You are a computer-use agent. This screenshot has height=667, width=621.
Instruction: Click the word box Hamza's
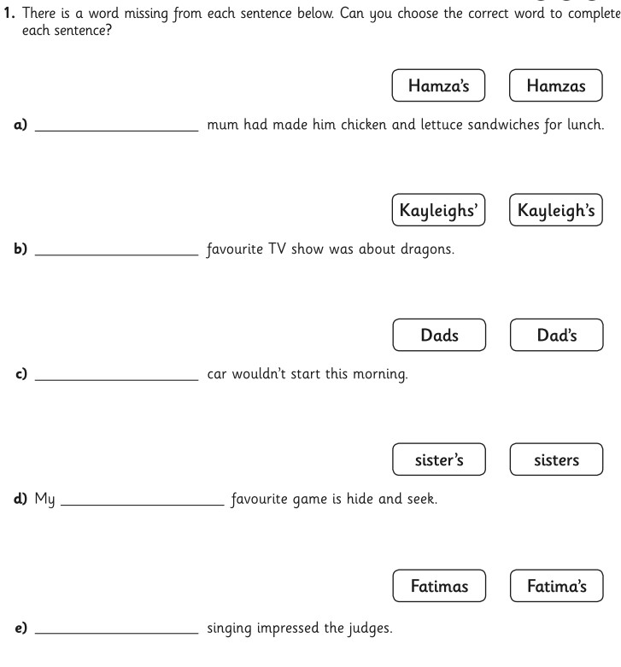pos(438,85)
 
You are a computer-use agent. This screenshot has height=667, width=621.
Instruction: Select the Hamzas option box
pos(556,85)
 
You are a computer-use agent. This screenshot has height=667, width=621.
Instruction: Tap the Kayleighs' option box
pos(438,210)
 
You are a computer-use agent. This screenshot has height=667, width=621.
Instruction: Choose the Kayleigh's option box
pos(556,210)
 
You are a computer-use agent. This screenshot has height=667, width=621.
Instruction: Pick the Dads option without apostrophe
pos(439,335)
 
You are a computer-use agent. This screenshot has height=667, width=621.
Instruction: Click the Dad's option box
pos(557,335)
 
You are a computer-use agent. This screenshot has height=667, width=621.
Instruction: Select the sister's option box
pos(439,459)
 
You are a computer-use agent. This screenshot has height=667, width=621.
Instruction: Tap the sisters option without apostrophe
pos(556,459)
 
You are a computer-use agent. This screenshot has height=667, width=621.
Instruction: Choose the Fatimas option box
pos(439,586)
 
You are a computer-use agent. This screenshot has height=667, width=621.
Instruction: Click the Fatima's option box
pos(556,586)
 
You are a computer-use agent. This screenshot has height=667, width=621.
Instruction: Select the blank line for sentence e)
pos(116,632)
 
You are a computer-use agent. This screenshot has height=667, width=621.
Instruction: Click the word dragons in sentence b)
pos(427,250)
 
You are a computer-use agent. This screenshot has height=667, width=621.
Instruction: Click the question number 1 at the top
pos(6,13)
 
